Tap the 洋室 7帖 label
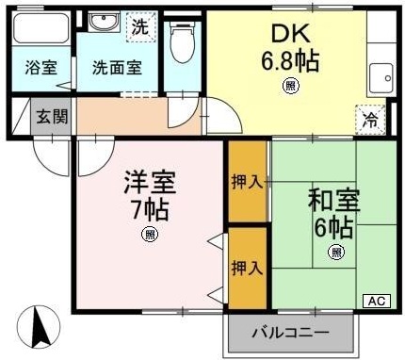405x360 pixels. pos(150,195)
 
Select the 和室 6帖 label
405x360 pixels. pos(333,214)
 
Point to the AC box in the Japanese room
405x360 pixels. pos(377,301)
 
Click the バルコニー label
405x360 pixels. pos(291,332)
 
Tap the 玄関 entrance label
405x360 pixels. pos(52,117)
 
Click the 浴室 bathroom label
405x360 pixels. pos(41,68)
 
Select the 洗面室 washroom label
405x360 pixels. pos(117,68)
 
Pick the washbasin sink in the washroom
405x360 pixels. pos(103,22)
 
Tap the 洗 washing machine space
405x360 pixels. pos(141,26)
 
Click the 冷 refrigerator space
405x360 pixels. pos(370,120)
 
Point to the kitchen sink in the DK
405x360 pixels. pos(381,78)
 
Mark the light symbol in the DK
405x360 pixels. pos(291,86)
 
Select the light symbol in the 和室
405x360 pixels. pos(336,252)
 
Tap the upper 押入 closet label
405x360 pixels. pos(247,182)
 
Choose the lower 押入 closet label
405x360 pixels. pos(247,268)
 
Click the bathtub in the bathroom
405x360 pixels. pos(41,27)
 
